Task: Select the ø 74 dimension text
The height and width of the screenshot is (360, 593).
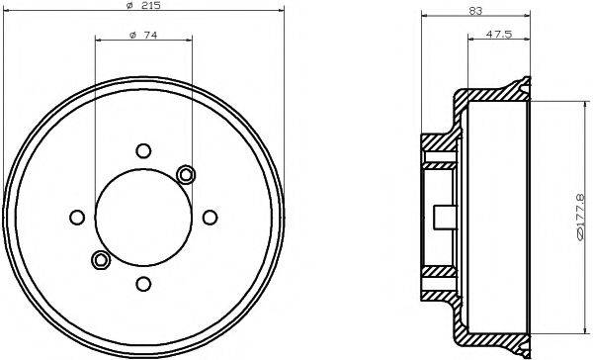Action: click(143, 37)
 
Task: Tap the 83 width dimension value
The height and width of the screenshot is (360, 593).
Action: click(476, 11)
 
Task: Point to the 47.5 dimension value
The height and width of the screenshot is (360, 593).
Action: click(498, 37)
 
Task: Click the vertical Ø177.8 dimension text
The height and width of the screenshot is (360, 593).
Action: click(582, 217)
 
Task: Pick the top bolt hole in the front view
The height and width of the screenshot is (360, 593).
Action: click(143, 150)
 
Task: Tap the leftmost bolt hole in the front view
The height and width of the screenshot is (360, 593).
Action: click(76, 218)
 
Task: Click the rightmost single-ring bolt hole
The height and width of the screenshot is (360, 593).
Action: click(210, 218)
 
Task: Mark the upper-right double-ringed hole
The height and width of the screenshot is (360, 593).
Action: click(186, 174)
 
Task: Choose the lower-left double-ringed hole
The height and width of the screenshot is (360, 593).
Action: click(100, 260)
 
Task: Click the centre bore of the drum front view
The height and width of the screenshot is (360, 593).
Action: click(143, 218)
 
